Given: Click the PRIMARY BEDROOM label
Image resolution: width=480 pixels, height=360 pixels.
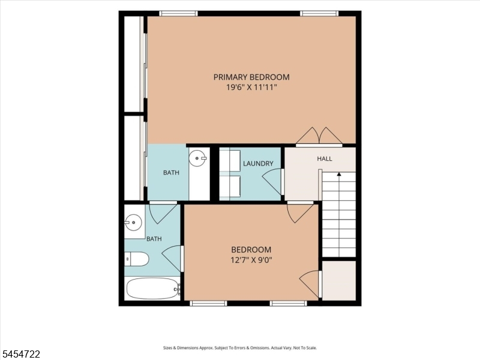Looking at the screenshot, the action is (x=251, y=77).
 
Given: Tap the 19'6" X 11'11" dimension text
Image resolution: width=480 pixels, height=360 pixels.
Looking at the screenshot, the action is (x=251, y=88).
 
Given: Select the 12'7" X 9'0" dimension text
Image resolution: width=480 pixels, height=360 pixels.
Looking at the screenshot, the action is (x=251, y=260).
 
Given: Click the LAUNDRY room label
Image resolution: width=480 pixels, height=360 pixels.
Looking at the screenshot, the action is (x=258, y=163).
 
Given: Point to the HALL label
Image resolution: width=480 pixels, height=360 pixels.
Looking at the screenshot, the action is (x=325, y=158).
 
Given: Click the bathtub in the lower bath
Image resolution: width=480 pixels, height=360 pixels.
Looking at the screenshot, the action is (x=152, y=289).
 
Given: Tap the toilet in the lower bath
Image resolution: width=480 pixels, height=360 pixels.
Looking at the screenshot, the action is (x=137, y=259).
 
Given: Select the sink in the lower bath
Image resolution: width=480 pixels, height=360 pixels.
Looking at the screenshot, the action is (x=133, y=222).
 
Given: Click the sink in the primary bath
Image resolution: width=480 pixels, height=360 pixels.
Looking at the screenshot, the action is (x=197, y=158).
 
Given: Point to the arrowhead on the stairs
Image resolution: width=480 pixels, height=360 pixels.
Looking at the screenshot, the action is (x=339, y=174).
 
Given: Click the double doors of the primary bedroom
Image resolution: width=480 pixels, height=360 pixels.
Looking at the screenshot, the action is (x=319, y=136).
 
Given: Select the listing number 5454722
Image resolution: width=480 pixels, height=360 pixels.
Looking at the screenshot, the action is (x=20, y=354).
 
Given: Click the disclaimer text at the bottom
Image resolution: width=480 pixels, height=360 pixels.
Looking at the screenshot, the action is (x=240, y=348).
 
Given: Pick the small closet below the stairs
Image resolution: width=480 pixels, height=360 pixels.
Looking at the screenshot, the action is (x=339, y=280).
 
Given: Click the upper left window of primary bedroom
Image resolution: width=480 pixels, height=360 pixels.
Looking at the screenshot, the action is (x=178, y=13).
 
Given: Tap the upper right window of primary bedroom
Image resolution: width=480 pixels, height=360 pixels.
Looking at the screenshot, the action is (x=319, y=13).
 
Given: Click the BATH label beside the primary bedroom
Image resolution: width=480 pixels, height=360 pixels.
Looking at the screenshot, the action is (x=171, y=173).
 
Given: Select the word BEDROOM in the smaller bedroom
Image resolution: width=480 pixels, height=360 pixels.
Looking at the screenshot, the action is (x=251, y=250).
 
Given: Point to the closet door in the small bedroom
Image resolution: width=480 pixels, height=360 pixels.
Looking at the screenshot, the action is (x=310, y=284).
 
